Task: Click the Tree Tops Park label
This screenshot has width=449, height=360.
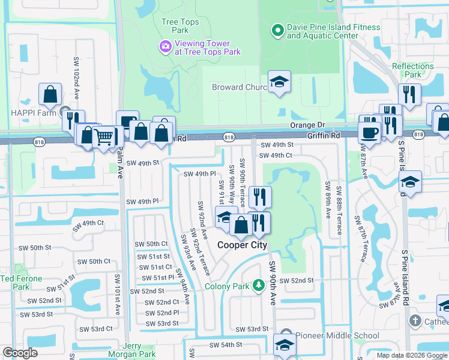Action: click(180, 26)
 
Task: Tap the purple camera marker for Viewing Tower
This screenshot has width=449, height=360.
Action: click(164, 46)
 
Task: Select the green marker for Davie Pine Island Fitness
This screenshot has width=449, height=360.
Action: click(277, 29)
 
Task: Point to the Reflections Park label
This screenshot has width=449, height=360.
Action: click(412, 70)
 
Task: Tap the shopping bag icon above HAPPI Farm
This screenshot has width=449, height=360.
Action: click(50, 94)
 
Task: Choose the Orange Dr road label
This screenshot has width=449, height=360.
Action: click(307, 125)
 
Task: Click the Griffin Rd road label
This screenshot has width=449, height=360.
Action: click(324, 136)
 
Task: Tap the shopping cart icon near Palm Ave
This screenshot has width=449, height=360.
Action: click(104, 138)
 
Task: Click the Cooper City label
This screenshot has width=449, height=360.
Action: click(242, 245)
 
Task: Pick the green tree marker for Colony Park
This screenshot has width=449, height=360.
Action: click(259, 286)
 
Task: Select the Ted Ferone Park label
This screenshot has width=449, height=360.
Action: click(21, 283)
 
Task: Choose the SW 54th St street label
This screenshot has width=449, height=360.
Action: click(226, 344)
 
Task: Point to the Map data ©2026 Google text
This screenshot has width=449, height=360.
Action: click(411, 355)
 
